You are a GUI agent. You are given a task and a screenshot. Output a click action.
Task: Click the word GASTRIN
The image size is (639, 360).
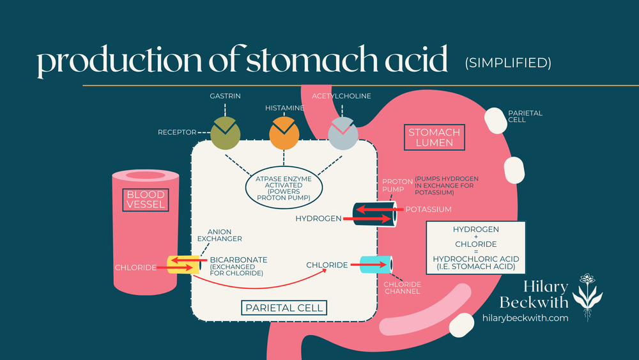(225, 96)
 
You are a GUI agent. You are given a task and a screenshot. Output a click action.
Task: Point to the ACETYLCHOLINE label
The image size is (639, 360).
(341, 96)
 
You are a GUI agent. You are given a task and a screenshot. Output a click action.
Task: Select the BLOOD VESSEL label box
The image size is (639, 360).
(146, 200)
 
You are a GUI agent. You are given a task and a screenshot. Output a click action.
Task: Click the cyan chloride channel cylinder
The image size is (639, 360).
(377, 264)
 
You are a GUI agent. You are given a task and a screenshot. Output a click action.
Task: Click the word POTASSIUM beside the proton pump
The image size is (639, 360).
(427, 209)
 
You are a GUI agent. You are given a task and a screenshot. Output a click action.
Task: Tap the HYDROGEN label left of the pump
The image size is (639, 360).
(318, 219)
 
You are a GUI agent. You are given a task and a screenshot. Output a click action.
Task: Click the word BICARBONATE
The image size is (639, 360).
(238, 260)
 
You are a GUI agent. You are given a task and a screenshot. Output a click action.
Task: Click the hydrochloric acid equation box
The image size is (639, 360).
(475, 247)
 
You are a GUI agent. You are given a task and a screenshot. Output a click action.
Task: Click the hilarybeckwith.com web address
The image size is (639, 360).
(526, 318)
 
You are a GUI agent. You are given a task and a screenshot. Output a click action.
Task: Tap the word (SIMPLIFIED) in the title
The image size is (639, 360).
(507, 64)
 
